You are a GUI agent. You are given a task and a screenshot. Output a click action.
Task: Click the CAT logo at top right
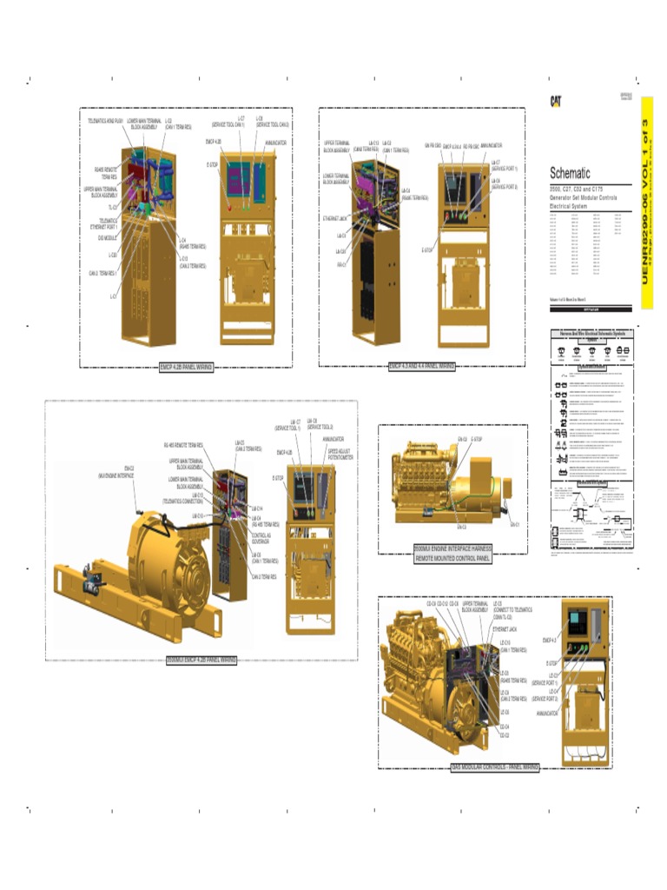pyautogui.click(x=556, y=101)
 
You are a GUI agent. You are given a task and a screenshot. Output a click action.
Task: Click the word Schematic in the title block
pyautogui.click(x=570, y=173)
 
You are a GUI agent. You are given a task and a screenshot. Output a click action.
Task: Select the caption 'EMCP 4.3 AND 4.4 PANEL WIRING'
pyautogui.click(x=422, y=366)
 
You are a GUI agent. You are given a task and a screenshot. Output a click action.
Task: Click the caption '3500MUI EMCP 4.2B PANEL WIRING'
pyautogui.click(x=201, y=660)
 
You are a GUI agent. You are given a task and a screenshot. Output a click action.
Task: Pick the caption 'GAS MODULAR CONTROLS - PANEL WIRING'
pyautogui.click(x=495, y=767)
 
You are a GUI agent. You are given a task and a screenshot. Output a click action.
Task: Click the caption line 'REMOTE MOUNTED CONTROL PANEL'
pyautogui.click(x=452, y=558)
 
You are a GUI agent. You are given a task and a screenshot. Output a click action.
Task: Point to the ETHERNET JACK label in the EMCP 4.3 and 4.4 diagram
pyautogui.click(x=334, y=218)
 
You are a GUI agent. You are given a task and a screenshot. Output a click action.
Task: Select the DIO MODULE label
pyautogui.click(x=108, y=237)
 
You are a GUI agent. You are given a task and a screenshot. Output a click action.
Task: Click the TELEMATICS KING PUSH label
pyautogui.click(x=105, y=120)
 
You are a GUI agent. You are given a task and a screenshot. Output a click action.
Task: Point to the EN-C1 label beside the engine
pyautogui.click(x=515, y=524)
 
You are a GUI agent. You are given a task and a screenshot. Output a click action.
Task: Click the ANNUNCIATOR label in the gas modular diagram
pyautogui.click(x=547, y=713)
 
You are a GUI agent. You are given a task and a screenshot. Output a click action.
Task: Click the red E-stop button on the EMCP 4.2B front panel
pyautogui.click(x=229, y=208)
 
